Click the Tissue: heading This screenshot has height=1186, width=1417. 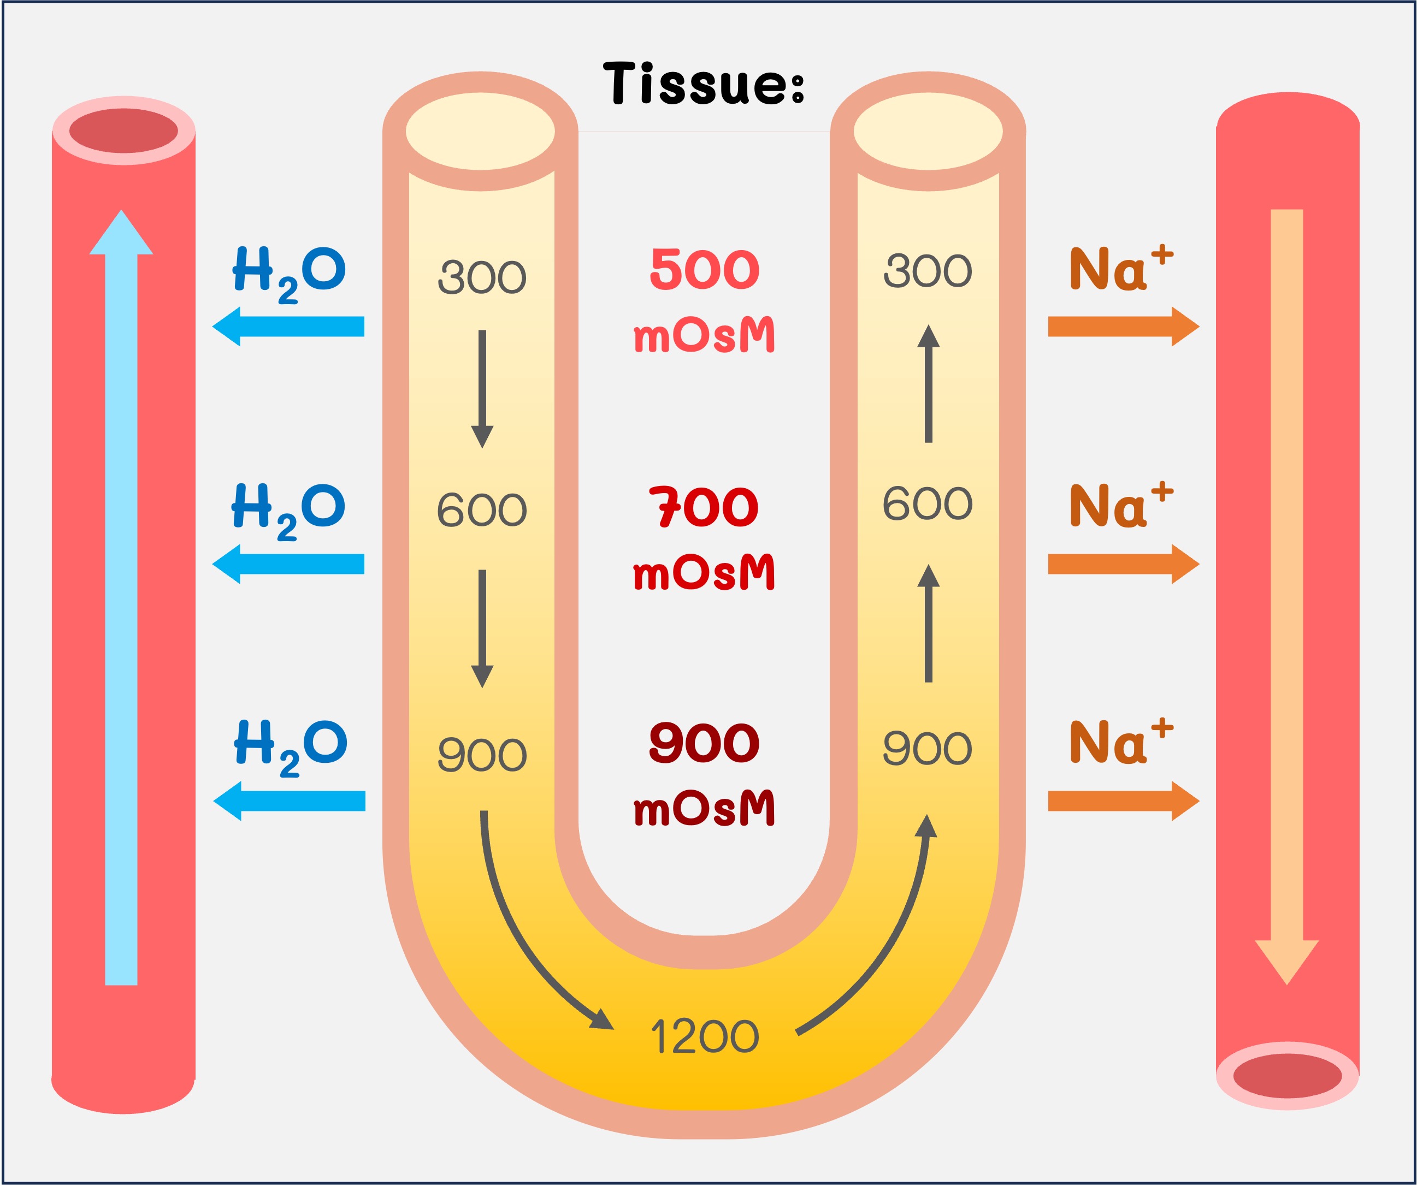pos(704,84)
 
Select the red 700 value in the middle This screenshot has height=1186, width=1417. pos(704,507)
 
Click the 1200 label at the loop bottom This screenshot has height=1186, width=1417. pos(705,1037)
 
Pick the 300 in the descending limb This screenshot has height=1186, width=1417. pos(482,277)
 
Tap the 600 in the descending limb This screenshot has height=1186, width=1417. pos(482,510)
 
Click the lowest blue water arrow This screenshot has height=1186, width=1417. pos(290,801)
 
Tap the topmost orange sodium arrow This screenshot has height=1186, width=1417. pos(1124,327)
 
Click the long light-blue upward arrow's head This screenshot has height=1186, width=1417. pos(121,233)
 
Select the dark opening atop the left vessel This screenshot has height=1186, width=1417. pos(123,130)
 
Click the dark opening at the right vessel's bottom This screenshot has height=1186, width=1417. pos(1287,1076)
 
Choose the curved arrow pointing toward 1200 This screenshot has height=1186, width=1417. pos(533,945)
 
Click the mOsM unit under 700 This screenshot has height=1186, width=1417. pos(704,573)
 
